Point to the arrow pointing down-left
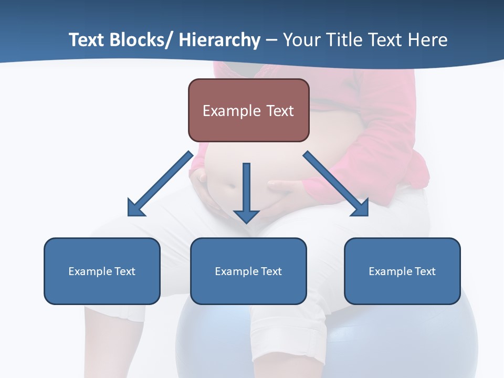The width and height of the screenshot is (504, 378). click(160, 184)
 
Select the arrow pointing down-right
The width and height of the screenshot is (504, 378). click(336, 184)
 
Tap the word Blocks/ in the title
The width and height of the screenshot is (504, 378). click(140, 40)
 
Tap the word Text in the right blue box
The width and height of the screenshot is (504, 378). click(425, 271)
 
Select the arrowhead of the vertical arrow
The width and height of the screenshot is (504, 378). click(246, 215)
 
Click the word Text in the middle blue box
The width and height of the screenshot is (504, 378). click(271, 271)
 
